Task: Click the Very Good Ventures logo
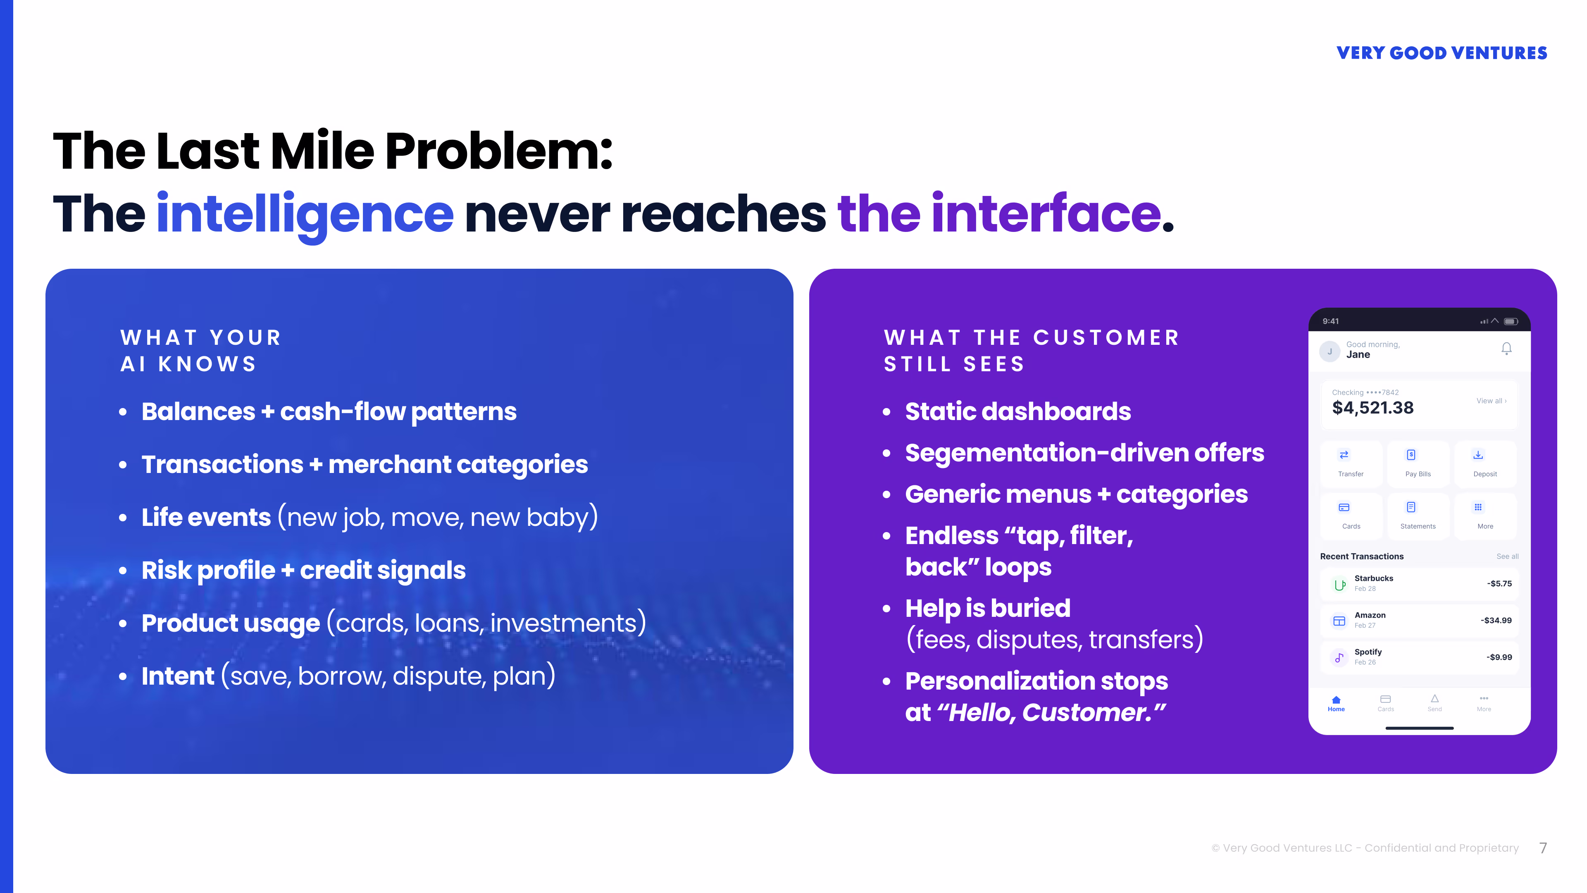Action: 1441,53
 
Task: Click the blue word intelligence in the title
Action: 305,214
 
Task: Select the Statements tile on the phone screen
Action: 1418,515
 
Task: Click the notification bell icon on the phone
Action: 1506,349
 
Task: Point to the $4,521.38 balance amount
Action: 1373,408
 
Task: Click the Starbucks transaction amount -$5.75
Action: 1499,584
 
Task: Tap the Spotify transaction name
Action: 1368,652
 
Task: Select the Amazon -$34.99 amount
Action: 1496,621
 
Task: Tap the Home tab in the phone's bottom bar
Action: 1336,703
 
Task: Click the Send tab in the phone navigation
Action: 1434,703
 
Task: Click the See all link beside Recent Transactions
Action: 1507,556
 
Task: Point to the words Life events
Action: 206,518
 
